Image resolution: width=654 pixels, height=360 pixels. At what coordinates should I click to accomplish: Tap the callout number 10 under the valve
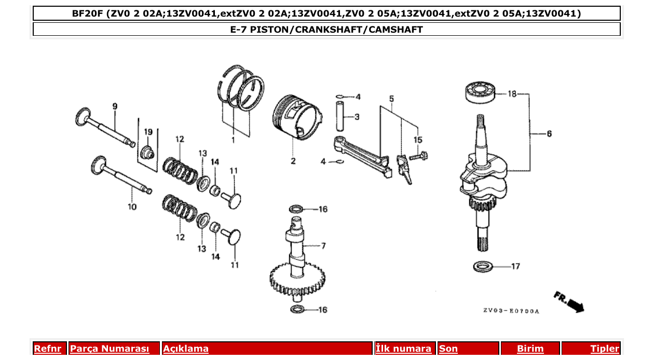[x=132, y=207]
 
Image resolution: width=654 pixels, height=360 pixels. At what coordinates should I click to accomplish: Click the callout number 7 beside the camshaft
[x=323, y=245]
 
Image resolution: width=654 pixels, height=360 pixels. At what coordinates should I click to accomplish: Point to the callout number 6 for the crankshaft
[x=549, y=134]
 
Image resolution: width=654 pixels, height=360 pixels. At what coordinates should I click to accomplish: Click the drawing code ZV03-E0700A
[x=511, y=311]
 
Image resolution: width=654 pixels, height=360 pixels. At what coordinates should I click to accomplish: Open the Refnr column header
[x=47, y=349]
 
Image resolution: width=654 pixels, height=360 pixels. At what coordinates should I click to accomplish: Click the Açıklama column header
[x=186, y=349]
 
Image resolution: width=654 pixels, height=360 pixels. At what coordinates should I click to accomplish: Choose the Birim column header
[x=530, y=349]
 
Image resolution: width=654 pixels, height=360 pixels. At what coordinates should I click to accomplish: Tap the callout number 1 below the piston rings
[x=233, y=140]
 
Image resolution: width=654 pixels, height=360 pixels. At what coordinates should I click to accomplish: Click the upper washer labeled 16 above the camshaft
[x=296, y=209]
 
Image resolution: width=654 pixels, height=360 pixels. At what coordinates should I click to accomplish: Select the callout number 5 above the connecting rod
[x=391, y=99]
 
